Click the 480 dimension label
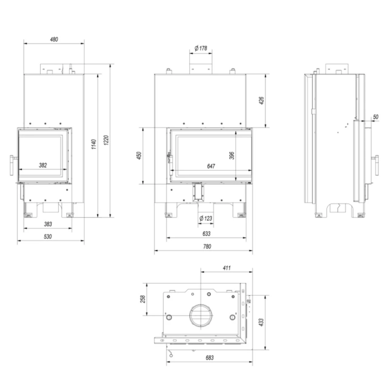pyautogui.click(x=54, y=39)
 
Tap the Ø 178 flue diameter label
pyautogui.click(x=201, y=48)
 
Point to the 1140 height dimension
pyautogui.click(x=94, y=144)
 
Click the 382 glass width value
pyautogui.click(x=43, y=165)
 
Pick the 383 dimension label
pyautogui.click(x=48, y=224)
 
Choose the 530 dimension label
pyautogui.click(x=48, y=236)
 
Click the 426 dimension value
pyautogui.click(x=261, y=100)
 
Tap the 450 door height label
pyautogui.click(x=139, y=156)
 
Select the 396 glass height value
pyautogui.click(x=232, y=156)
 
